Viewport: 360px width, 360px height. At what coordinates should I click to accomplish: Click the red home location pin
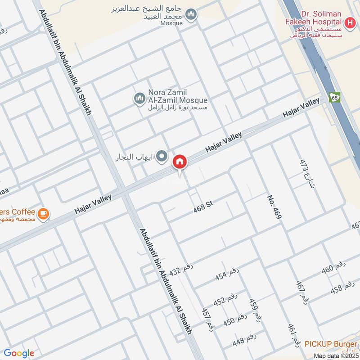pyautogui.click(x=180, y=162)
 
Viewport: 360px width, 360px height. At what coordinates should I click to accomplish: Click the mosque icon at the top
pyautogui.click(x=192, y=15)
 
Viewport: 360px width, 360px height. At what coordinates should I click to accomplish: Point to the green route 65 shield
pyautogui.click(x=334, y=97)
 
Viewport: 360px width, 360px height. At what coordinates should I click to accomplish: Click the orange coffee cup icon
pyautogui.click(x=43, y=213)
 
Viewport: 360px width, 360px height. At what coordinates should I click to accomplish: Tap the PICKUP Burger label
pyautogui.click(x=331, y=344)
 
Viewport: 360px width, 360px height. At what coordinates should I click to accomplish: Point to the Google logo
pyautogui.click(x=18, y=353)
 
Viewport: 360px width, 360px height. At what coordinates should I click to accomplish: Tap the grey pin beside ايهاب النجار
pyautogui.click(x=162, y=157)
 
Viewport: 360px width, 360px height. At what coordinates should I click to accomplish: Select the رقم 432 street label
pyautogui.click(x=181, y=270)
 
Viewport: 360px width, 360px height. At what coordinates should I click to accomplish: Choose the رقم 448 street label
pyautogui.click(x=244, y=339)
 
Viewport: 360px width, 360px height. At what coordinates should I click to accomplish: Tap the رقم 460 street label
pyautogui.click(x=333, y=267)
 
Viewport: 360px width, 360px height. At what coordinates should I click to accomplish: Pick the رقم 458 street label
pyautogui.click(x=342, y=288)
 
